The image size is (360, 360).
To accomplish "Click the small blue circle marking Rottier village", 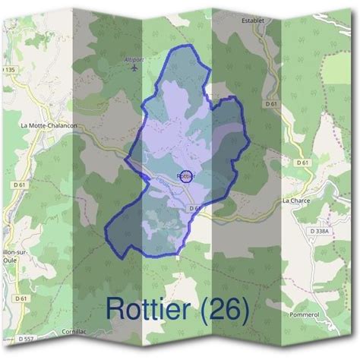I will pos(186,176).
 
